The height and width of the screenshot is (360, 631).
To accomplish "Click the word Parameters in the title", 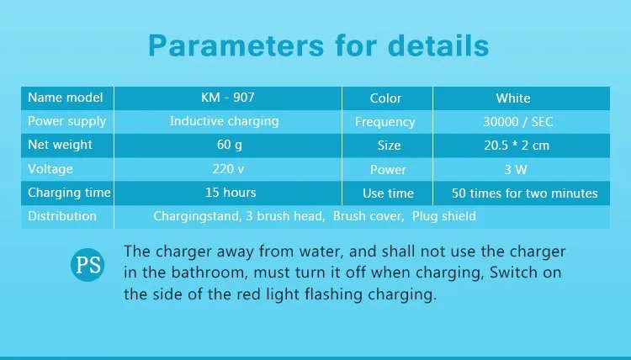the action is pyautogui.click(x=236, y=45).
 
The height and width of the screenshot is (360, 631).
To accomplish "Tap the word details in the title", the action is pyautogui.click(x=438, y=45).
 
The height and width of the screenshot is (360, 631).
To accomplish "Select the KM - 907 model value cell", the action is pyautogui.click(x=228, y=98).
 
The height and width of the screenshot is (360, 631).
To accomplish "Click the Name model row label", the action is pyautogui.click(x=65, y=98).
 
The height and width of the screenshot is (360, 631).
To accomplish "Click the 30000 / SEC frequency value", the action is pyautogui.click(x=518, y=122).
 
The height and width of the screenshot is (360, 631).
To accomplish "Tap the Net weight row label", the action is pyautogui.click(x=60, y=146).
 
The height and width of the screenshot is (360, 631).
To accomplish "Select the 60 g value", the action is pyautogui.click(x=230, y=146).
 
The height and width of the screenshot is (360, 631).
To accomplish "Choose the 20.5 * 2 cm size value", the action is pyautogui.click(x=517, y=146).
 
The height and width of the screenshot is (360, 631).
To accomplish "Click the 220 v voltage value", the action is pyautogui.click(x=228, y=169).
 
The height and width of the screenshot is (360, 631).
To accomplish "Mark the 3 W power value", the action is pyautogui.click(x=516, y=169).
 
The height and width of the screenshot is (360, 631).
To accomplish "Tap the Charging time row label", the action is pyautogui.click(x=69, y=193).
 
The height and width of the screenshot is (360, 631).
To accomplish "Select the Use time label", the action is pyautogui.click(x=388, y=193).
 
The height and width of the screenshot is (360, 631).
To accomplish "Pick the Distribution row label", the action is pyautogui.click(x=62, y=216).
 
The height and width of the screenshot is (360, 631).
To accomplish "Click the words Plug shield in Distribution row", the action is pyautogui.click(x=444, y=216).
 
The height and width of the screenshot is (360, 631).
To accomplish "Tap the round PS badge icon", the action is pyautogui.click(x=87, y=265).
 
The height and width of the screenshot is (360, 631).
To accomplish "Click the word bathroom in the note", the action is pyautogui.click(x=208, y=273).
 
